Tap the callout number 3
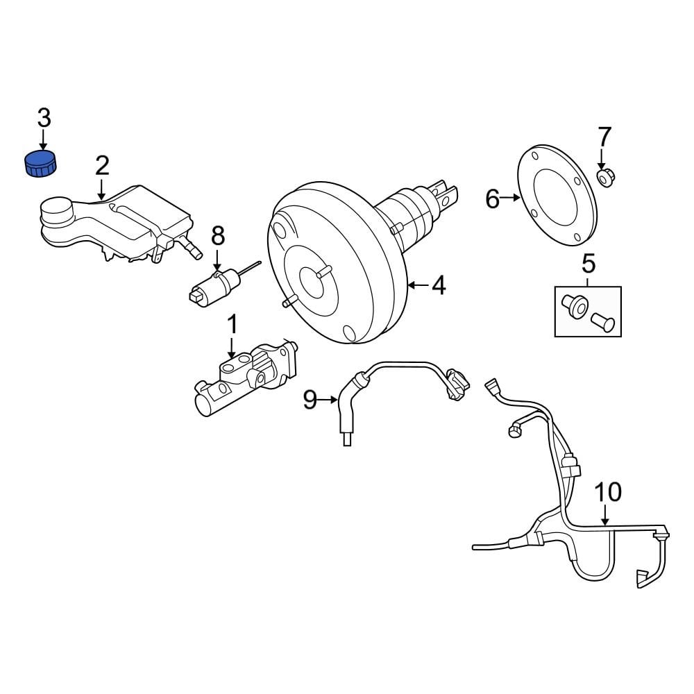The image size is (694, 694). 44,118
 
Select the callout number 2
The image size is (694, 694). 102,165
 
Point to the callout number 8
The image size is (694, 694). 218,237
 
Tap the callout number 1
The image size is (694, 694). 232,323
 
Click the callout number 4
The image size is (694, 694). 439,285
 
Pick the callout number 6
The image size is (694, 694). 492,200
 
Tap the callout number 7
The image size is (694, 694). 604,136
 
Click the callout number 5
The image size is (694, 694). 588,263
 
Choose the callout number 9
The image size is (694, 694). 310,399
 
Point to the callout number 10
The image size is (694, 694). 608,492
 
